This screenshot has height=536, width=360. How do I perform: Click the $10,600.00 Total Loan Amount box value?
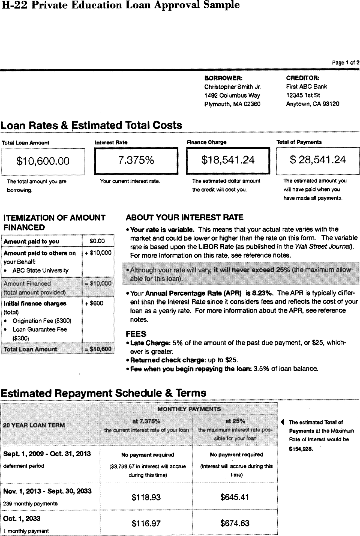(x=43, y=161)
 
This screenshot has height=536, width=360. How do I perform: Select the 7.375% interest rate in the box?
(x=136, y=160)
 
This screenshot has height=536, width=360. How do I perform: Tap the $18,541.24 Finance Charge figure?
(x=228, y=160)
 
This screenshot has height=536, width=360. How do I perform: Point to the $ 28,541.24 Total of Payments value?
(x=318, y=160)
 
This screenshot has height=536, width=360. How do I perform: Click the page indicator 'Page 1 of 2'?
(x=345, y=62)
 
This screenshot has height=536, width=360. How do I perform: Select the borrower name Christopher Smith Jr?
(x=232, y=87)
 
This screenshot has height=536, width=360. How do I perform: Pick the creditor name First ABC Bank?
(x=306, y=86)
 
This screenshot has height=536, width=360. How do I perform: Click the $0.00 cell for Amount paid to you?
(x=97, y=241)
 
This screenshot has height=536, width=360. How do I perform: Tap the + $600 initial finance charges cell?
(x=94, y=303)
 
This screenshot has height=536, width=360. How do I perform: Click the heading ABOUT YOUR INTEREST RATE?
(x=184, y=217)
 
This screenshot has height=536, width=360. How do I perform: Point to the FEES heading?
(x=136, y=334)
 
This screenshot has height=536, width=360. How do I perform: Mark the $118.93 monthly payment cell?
(x=146, y=497)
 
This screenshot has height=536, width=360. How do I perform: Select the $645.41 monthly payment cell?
(x=235, y=497)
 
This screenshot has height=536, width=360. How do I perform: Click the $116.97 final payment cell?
(x=146, y=523)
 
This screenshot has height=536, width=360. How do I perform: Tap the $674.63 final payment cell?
(x=235, y=523)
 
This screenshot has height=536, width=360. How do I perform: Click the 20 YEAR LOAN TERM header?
(x=34, y=425)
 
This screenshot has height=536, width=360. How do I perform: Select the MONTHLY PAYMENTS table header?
(x=189, y=409)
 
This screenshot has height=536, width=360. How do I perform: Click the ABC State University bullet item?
(x=40, y=271)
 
